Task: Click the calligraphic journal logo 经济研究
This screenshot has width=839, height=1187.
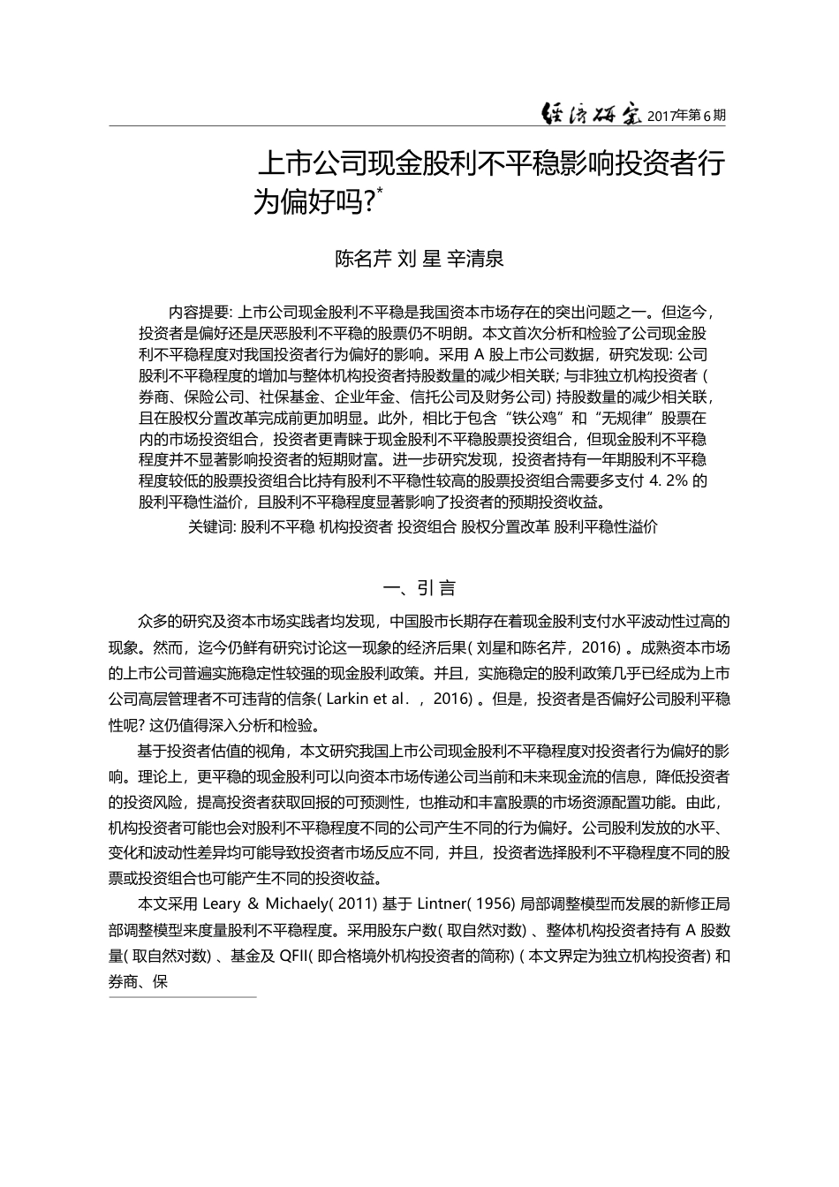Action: tap(591, 114)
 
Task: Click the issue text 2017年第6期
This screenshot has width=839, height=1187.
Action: tap(687, 116)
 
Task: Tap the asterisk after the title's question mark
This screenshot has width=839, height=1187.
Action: tap(380, 191)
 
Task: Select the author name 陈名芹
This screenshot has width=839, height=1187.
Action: tap(362, 259)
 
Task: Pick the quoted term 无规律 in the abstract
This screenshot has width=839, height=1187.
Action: tap(622, 418)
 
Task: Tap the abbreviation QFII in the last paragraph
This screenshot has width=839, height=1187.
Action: tap(291, 956)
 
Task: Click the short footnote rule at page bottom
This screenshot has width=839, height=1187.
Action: tap(182, 997)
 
